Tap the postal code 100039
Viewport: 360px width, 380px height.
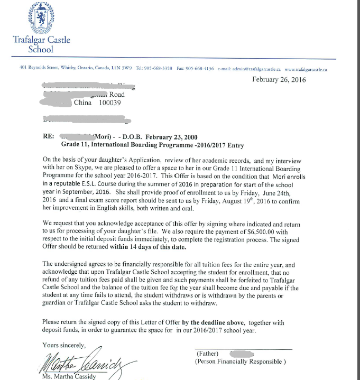[109, 103]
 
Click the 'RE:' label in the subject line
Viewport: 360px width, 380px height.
[48, 136]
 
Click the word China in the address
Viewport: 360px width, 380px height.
[83, 103]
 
